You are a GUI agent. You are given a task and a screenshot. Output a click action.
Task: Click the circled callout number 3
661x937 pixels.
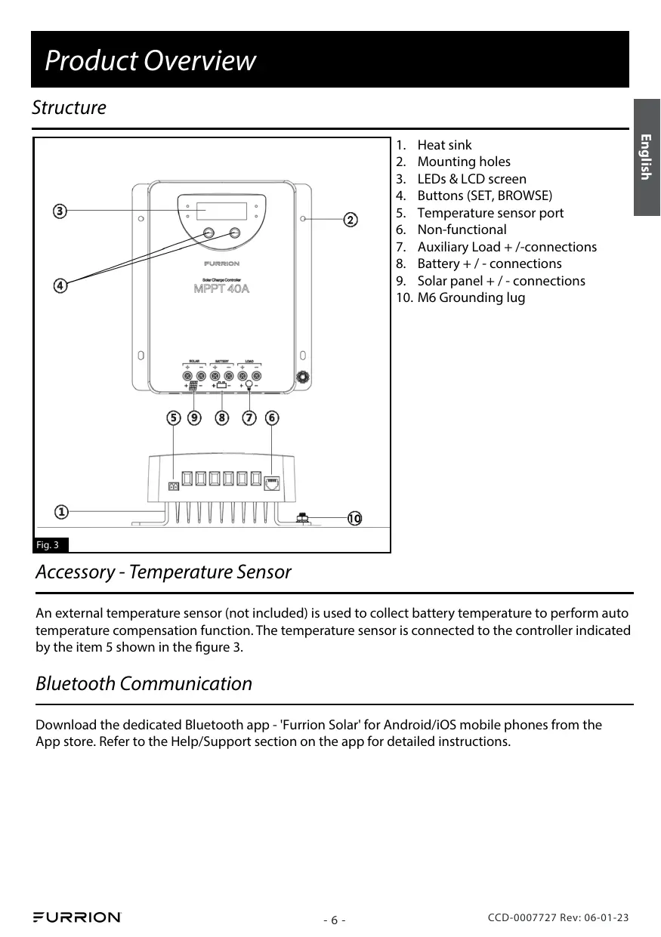[x=60, y=210]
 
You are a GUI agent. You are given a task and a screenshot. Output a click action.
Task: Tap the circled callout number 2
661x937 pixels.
[x=351, y=220]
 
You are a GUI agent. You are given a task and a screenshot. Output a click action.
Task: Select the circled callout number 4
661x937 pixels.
[x=60, y=285]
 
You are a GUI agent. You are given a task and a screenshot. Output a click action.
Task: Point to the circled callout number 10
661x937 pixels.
[x=354, y=518]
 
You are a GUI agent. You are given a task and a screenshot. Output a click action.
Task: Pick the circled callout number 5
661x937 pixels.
[x=174, y=418]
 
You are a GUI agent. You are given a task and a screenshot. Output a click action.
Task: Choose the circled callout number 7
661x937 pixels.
[x=249, y=418]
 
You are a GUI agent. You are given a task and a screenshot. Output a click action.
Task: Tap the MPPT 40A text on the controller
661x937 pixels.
[x=221, y=289]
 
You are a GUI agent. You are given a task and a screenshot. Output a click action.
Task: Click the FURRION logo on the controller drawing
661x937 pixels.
[x=221, y=264]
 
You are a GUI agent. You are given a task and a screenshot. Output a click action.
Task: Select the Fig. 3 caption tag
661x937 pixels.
[x=51, y=544]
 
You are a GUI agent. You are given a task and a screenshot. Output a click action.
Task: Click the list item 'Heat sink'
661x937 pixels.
[x=444, y=145]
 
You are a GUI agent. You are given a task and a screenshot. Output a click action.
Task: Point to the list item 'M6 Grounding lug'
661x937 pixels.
[x=471, y=297]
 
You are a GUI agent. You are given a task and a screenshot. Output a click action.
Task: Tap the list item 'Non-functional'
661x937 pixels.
[x=462, y=230]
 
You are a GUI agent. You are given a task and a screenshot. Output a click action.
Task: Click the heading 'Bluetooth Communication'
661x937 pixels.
[x=144, y=684]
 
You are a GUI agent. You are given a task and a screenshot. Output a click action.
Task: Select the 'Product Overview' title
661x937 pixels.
[x=150, y=60]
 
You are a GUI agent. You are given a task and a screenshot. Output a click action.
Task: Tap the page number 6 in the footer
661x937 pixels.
[x=334, y=920]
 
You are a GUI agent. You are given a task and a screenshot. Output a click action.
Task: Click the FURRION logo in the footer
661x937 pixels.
[x=76, y=917]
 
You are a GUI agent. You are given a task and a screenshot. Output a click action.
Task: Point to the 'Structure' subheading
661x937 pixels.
[x=69, y=108]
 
